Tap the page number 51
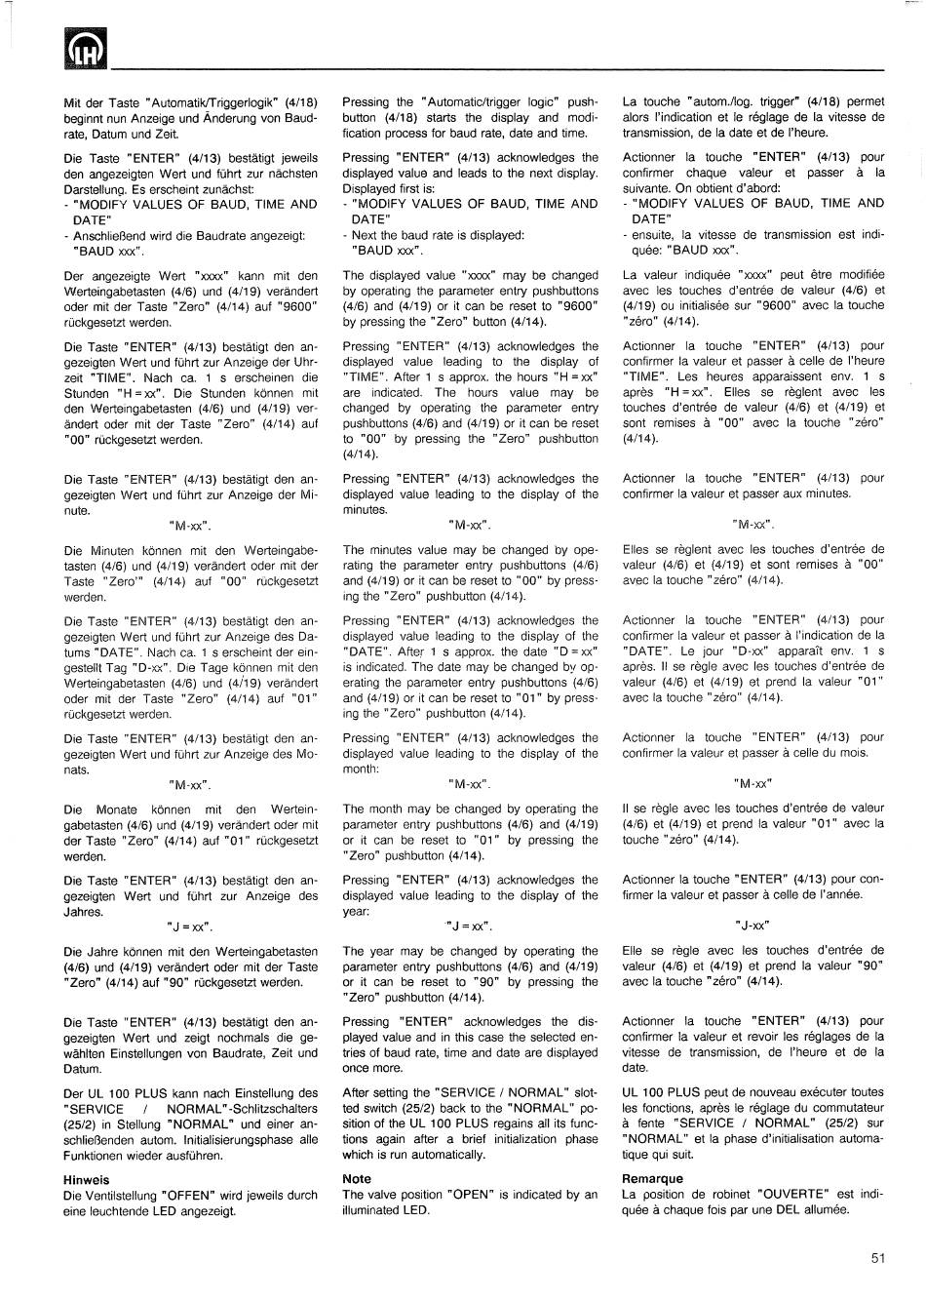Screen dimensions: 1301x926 pos(877,1258)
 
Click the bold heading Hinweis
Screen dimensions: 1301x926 pos(86,1179)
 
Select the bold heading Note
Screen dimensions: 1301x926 pos(357,1178)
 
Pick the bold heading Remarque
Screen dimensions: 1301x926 pos(652,1178)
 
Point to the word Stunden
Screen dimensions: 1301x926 pos(85,393)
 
